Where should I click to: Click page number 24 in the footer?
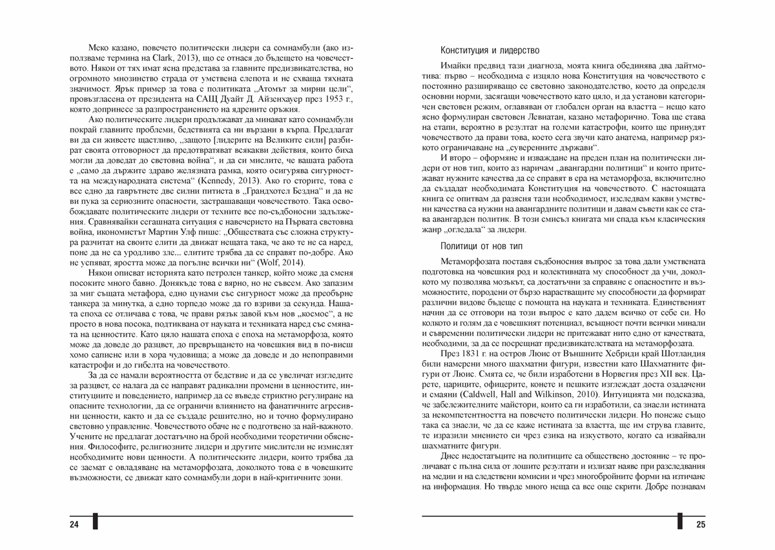point(74,524)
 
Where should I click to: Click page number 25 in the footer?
point(701,524)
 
